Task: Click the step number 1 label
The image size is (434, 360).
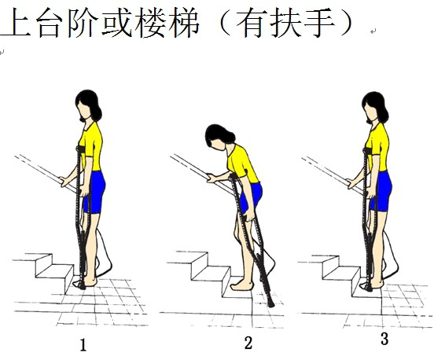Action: click(x=83, y=345)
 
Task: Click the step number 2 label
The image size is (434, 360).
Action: click(x=248, y=343)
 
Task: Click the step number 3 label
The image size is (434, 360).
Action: click(x=384, y=339)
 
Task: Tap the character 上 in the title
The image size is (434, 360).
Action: click(x=16, y=22)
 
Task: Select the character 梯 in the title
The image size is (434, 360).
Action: click(x=183, y=22)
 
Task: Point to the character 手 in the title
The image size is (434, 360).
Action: click(x=319, y=22)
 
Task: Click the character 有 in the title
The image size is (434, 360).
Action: click(x=252, y=22)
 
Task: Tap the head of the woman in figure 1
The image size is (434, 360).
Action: click(x=88, y=105)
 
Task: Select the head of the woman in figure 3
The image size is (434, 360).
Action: click(x=375, y=108)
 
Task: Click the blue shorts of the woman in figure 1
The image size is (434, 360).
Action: click(x=95, y=192)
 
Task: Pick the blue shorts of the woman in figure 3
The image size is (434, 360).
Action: click(x=382, y=191)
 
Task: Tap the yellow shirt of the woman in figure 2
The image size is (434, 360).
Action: click(x=242, y=163)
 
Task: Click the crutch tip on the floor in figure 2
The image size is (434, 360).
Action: click(x=270, y=304)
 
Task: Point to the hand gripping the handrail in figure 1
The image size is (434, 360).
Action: click(x=64, y=182)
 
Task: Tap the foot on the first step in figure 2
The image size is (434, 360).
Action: click(x=241, y=285)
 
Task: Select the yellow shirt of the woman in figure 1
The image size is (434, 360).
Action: click(x=91, y=147)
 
